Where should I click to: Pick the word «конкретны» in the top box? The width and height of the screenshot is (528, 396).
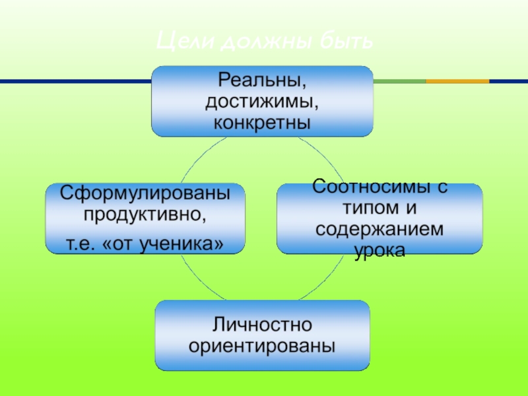click(262, 122)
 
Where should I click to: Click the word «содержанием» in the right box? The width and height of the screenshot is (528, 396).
click(379, 229)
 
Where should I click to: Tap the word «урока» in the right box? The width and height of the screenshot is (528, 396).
click(379, 250)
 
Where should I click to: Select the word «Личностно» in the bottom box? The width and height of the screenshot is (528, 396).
click(262, 324)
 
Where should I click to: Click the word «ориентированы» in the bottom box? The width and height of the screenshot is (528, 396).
click(262, 345)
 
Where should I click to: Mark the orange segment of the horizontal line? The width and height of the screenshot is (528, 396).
click(457, 81)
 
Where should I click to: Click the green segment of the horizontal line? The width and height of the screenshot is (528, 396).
click(399, 81)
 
